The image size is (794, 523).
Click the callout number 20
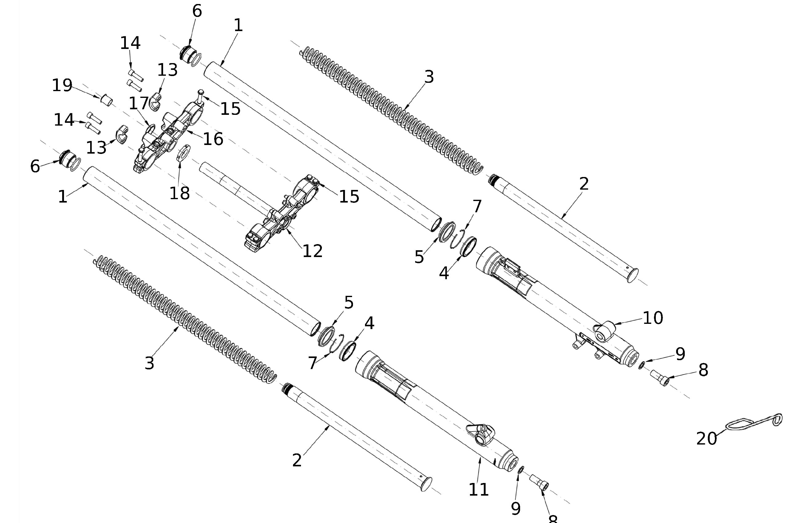point(706,438)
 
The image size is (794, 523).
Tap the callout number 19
point(62,86)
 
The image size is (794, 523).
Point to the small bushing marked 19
point(107,99)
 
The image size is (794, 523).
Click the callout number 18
point(179,193)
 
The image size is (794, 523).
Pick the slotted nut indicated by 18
point(183,152)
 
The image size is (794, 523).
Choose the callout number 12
point(312,251)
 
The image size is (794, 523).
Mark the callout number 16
point(213,139)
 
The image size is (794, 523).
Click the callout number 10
point(652,318)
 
